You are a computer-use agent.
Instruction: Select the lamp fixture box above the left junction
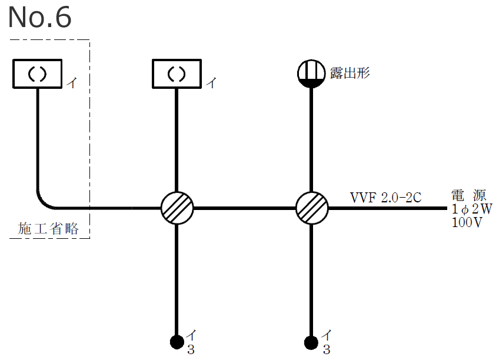tap(177, 74)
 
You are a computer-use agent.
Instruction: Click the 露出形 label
tap(350, 74)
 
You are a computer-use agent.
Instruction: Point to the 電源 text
tap(469, 196)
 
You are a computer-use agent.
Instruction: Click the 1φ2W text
tap(471, 209)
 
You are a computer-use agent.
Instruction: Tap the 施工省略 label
tap(48, 229)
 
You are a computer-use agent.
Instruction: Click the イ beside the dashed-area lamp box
tap(72, 83)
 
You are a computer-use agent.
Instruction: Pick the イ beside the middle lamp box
tap(211, 83)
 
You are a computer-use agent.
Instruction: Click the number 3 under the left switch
tap(191, 350)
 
